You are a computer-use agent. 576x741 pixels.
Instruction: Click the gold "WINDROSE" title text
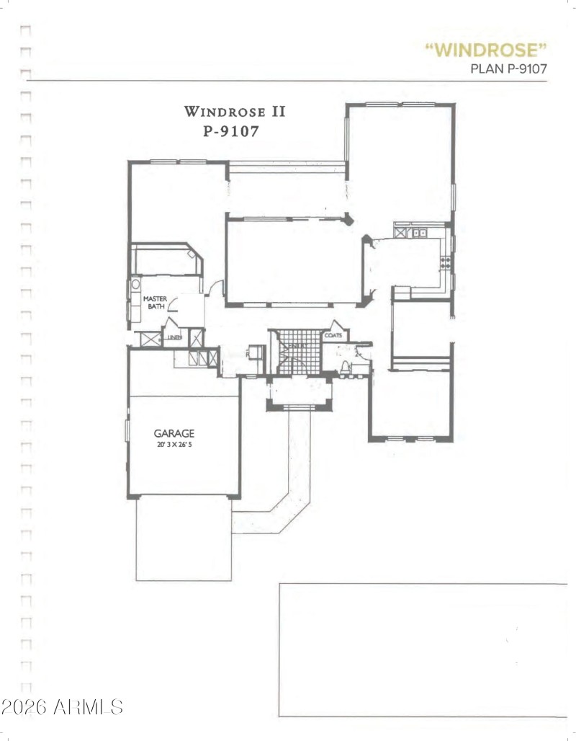pyautogui.click(x=486, y=50)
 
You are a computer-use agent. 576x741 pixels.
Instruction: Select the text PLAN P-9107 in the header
pyautogui.click(x=509, y=69)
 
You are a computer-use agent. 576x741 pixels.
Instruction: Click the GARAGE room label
pyautogui.click(x=174, y=434)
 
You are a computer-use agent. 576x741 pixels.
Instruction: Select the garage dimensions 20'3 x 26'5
pyautogui.click(x=174, y=445)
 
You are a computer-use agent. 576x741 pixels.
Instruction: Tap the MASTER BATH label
pyautogui.click(x=154, y=302)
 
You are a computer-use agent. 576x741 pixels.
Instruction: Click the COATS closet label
pyautogui.click(x=333, y=336)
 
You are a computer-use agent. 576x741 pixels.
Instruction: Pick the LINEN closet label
pyautogui.click(x=174, y=337)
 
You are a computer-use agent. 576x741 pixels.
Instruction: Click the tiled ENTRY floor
pyautogui.click(x=295, y=351)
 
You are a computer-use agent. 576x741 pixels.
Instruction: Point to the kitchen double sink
pyautogui.click(x=418, y=233)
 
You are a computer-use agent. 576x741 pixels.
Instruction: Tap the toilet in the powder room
pyautogui.click(x=346, y=368)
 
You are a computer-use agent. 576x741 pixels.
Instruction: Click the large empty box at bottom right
pyautogui.click(x=423, y=649)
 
